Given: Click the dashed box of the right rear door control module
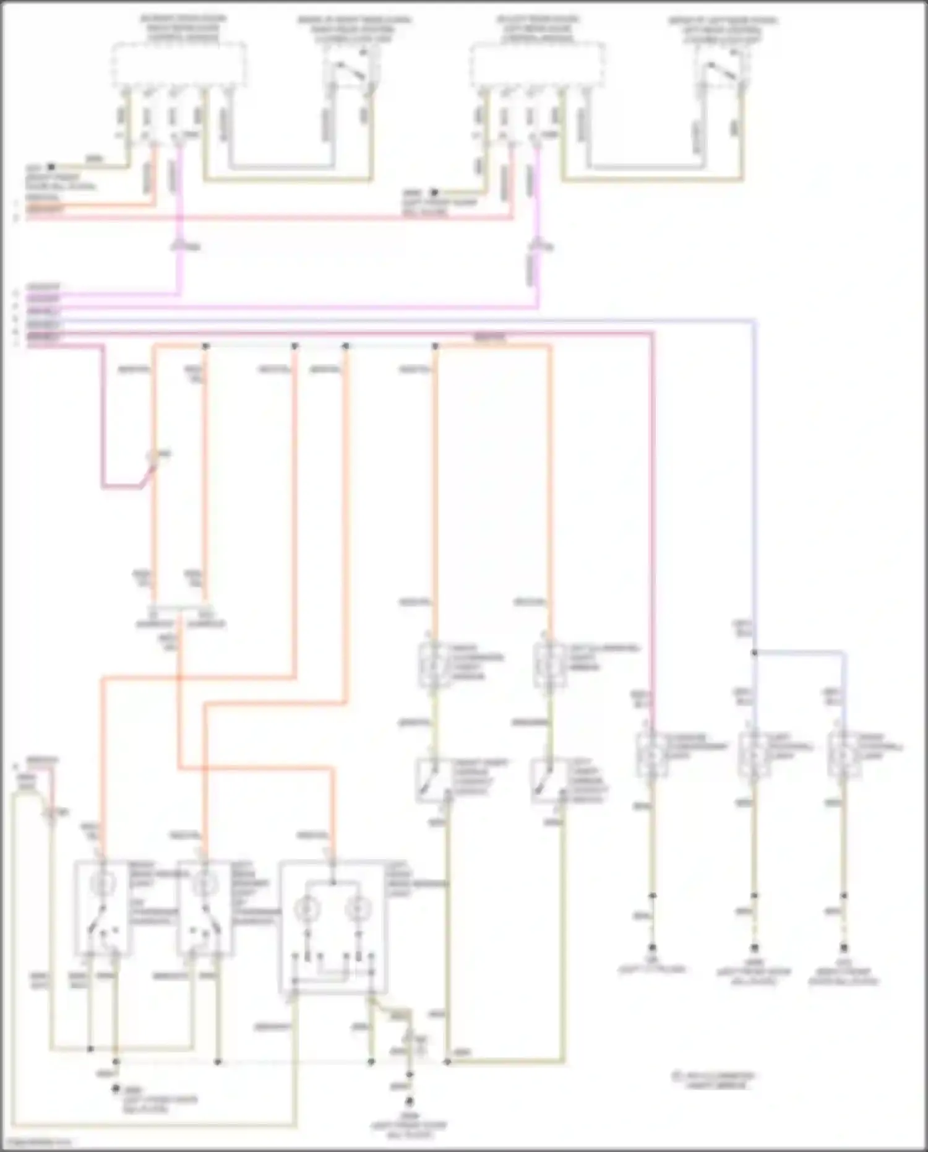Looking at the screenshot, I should (178, 65).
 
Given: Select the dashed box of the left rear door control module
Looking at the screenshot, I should (536, 65).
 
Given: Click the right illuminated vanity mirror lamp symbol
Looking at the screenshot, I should (431, 666).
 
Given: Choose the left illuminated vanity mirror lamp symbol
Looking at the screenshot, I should (548, 666).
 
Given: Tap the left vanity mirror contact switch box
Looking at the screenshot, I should (547, 780).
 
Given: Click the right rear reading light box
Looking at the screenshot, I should (102, 907).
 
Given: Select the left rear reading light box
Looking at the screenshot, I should (204, 907).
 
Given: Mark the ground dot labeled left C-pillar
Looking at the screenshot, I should (651, 948).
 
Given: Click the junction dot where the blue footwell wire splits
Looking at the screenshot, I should (754, 652).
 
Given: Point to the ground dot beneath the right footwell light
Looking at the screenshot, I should (843, 948).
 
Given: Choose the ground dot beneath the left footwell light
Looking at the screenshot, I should (754, 948).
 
